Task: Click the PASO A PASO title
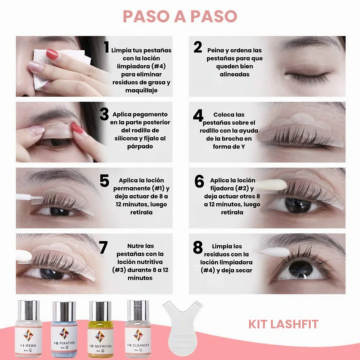click(180, 16)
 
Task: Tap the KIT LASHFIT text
click(283, 324)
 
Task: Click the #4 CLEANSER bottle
click(138, 329)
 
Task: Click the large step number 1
click(106, 47)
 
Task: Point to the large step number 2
click(198, 47)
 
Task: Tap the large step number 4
click(198, 115)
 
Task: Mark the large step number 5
click(104, 180)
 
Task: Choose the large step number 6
click(199, 181)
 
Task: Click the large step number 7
click(103, 247)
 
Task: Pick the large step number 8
click(198, 247)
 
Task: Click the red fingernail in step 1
click(52, 55)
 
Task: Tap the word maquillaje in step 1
click(141, 90)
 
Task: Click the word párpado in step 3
click(140, 146)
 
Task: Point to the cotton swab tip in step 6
click(276, 184)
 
